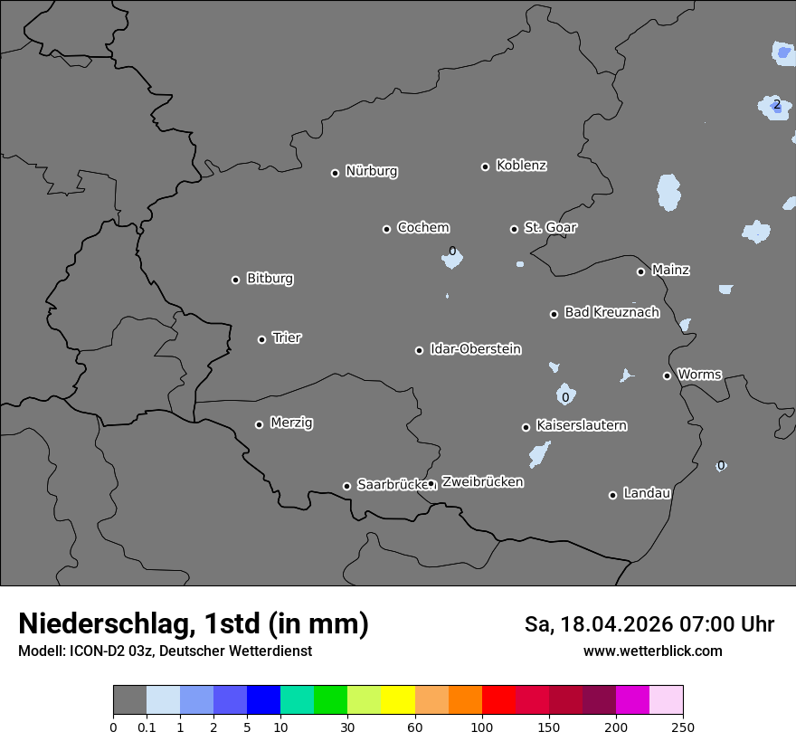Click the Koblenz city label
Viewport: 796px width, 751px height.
(x=521, y=166)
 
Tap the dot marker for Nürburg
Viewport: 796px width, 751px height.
(x=335, y=173)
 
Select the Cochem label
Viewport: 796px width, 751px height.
(x=423, y=228)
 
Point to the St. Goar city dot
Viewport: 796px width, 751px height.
(x=514, y=229)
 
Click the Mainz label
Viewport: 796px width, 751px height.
(x=670, y=270)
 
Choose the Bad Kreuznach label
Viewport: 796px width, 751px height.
(x=611, y=312)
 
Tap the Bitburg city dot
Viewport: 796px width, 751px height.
(x=235, y=280)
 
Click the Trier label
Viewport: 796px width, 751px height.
(x=287, y=337)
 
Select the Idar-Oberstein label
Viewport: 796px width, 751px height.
(x=476, y=349)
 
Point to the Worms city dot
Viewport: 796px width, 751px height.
(x=667, y=375)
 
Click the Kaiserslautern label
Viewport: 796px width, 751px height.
(x=582, y=425)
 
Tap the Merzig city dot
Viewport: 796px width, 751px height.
(x=259, y=424)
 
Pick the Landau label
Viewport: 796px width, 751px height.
(x=647, y=493)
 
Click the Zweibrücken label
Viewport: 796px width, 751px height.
(x=482, y=482)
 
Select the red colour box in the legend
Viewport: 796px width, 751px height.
(x=498, y=700)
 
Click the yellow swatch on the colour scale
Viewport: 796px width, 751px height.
(x=398, y=700)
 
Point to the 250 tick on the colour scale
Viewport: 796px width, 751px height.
(x=682, y=727)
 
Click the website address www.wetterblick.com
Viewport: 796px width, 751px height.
(x=652, y=651)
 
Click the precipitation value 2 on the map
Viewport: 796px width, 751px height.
(x=776, y=105)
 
